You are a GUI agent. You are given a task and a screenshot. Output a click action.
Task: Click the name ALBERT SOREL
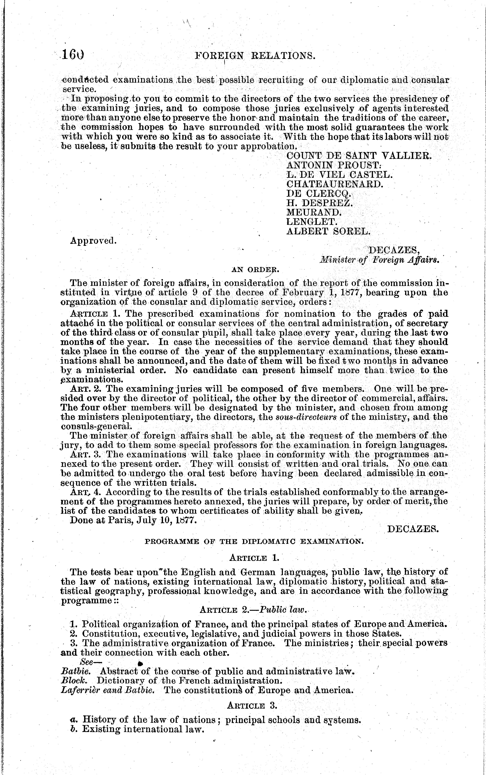click(329, 231)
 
